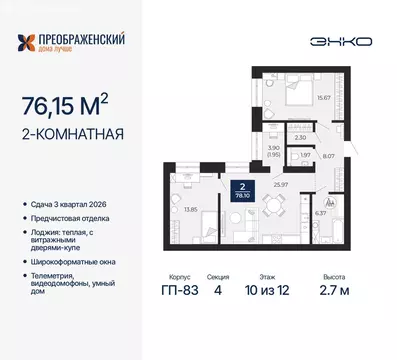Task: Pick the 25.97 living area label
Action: click(x=281, y=186)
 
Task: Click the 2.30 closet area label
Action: click(x=285, y=136)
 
